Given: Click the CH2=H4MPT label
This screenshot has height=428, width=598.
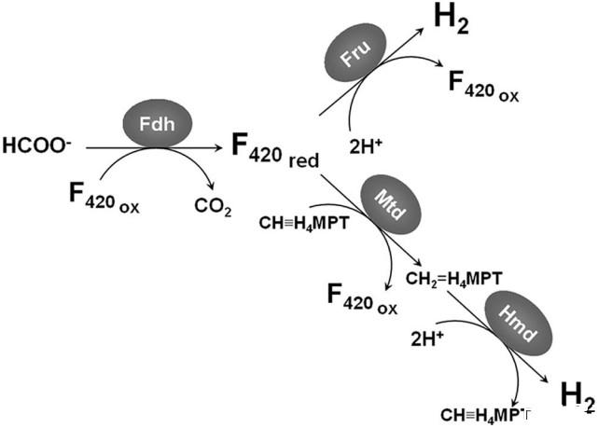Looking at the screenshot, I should point(454,277).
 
